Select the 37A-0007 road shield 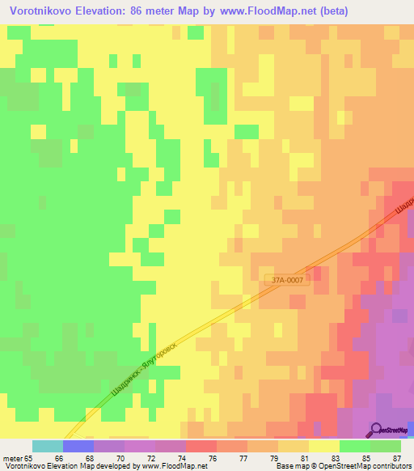click(x=287, y=280)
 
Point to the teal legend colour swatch click(x=48, y=446)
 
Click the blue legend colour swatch click(x=78, y=446)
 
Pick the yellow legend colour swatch click(x=324, y=446)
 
